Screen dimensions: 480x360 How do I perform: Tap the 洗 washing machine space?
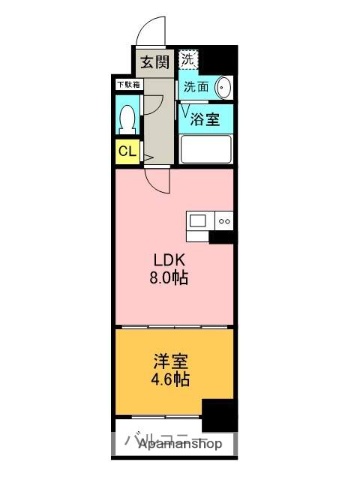[189, 59]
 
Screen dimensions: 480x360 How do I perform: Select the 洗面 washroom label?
[196, 87]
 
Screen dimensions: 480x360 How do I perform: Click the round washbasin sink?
[222, 88]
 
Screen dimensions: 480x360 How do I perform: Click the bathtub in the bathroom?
[207, 151]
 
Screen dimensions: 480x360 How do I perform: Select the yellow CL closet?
[126, 152]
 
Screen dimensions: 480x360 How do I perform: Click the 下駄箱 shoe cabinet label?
[126, 85]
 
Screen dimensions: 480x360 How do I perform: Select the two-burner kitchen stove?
[224, 220]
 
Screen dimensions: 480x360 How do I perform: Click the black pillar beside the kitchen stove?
[224, 236]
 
